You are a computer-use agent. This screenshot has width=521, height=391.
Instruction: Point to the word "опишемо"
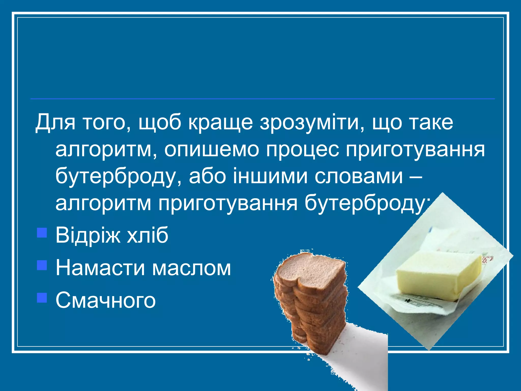pos(211,150)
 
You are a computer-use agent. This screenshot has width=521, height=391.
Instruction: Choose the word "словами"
pos(359,176)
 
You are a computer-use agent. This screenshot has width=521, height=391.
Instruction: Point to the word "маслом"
pos(191,268)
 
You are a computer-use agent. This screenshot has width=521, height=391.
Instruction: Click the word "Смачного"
pos(105,300)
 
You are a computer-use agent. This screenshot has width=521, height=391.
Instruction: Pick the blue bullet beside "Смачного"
pos(42,298)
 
